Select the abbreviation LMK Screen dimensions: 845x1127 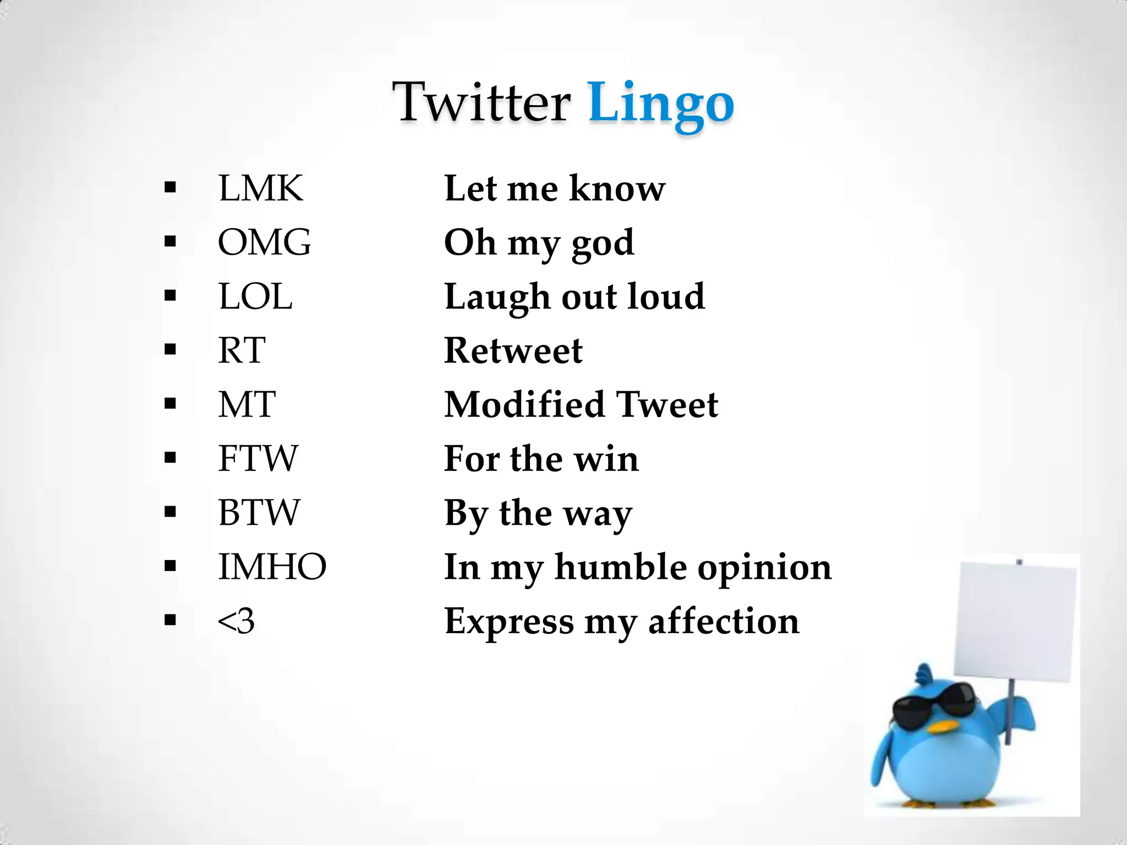pyautogui.click(x=260, y=188)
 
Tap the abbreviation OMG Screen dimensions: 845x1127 pyautogui.click(x=264, y=242)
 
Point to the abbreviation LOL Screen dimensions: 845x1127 pyautogui.click(x=255, y=297)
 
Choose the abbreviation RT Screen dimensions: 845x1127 pyautogui.click(x=242, y=350)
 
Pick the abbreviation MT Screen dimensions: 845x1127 pyautogui.click(x=247, y=404)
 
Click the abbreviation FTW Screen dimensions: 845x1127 pyautogui.click(x=258, y=458)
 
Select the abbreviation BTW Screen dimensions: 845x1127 pyautogui.click(x=259, y=512)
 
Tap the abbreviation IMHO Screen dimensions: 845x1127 pyautogui.click(x=272, y=567)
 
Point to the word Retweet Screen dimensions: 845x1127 pyautogui.click(x=513, y=350)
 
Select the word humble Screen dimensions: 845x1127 pyautogui.click(x=620, y=567)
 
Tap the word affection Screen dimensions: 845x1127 pyautogui.click(x=724, y=622)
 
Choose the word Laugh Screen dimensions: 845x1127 pyautogui.click(x=497, y=298)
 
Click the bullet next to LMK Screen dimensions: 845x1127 pyautogui.click(x=170, y=188)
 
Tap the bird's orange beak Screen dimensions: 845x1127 pyautogui.click(x=942, y=727)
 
